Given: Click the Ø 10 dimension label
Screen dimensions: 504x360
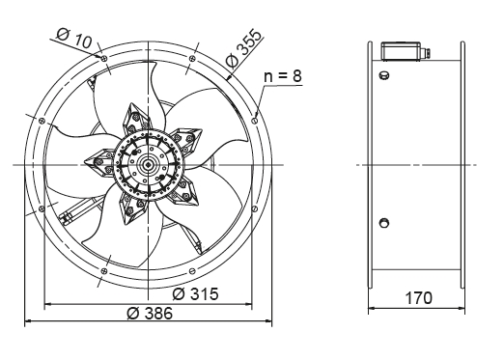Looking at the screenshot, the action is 73,38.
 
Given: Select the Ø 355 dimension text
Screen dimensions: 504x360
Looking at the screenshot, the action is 243,48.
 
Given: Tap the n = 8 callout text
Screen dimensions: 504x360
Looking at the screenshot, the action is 283,76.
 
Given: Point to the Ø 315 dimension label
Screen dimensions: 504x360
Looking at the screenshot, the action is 195,293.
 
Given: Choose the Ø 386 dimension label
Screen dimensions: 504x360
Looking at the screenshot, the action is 150,313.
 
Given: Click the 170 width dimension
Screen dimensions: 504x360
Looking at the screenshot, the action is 418,298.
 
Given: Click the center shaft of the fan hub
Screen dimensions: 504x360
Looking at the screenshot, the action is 148,165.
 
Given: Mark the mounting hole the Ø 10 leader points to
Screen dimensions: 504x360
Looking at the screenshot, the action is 104,59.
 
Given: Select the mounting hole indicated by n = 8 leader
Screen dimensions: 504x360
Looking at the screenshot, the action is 255,121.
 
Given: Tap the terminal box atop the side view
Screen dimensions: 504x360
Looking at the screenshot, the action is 401,50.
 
